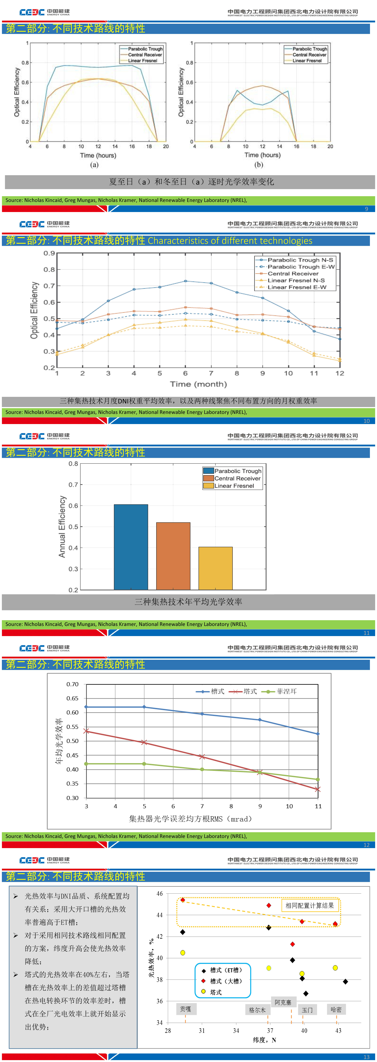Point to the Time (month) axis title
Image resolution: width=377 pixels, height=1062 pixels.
tap(198, 384)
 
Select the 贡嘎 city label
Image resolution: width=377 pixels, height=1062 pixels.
tap(185, 1009)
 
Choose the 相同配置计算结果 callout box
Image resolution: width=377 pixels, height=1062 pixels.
tap(310, 905)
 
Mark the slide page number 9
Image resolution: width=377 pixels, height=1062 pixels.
tap(366, 209)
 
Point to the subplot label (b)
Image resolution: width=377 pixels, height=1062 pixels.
tap(259, 165)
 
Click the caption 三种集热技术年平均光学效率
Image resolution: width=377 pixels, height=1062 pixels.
tap(188, 602)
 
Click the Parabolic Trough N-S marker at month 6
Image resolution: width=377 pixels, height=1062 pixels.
tap(185, 281)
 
